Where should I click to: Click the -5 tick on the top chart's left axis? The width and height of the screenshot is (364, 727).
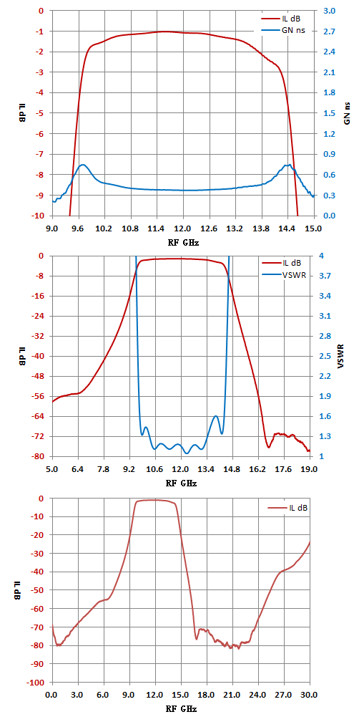coord(42,113)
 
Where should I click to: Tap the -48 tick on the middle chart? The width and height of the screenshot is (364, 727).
coord(40,377)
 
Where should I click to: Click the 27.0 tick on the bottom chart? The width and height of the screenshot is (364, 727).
coord(283,695)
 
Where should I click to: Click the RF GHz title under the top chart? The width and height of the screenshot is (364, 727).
coord(183,242)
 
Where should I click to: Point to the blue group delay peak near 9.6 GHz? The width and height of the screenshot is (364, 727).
coord(83,165)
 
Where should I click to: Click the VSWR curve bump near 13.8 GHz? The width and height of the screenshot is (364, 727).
coord(216,416)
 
